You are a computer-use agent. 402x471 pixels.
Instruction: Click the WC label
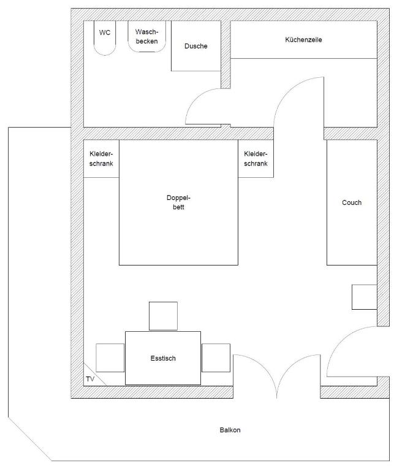(105, 33)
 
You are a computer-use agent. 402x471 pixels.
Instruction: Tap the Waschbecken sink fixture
(147, 36)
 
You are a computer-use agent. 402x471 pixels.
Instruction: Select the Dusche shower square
(196, 46)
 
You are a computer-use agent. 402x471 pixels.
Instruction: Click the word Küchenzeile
(303, 40)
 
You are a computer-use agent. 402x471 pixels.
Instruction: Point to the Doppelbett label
(179, 202)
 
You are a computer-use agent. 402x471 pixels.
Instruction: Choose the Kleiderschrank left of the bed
(101, 159)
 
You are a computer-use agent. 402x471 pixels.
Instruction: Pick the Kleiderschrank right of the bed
(256, 159)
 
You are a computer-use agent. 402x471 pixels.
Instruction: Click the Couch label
(352, 202)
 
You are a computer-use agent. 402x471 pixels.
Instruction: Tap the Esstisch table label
(163, 358)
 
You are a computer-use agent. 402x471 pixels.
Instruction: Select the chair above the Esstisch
(164, 316)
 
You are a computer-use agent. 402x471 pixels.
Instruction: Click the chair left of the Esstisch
(110, 358)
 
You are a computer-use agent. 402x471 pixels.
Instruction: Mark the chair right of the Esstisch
(216, 358)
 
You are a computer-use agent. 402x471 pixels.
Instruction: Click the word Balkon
(230, 430)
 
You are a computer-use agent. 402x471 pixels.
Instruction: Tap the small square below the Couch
(365, 297)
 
